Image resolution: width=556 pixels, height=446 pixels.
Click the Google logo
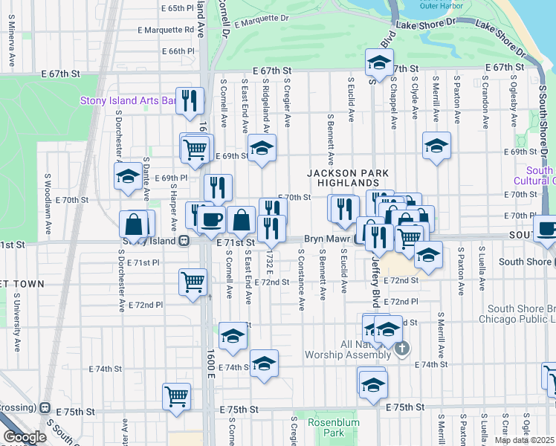coord(25,437)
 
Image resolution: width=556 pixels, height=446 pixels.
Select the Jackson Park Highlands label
coord(349,178)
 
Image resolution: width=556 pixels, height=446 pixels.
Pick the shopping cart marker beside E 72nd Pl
coord(193,282)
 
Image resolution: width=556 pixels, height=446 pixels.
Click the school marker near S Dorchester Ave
coord(127,176)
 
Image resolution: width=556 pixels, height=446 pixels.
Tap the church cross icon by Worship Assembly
coord(401,348)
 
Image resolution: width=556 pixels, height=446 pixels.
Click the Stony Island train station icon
coord(183,241)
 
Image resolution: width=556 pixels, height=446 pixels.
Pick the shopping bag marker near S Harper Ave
coord(136,224)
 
